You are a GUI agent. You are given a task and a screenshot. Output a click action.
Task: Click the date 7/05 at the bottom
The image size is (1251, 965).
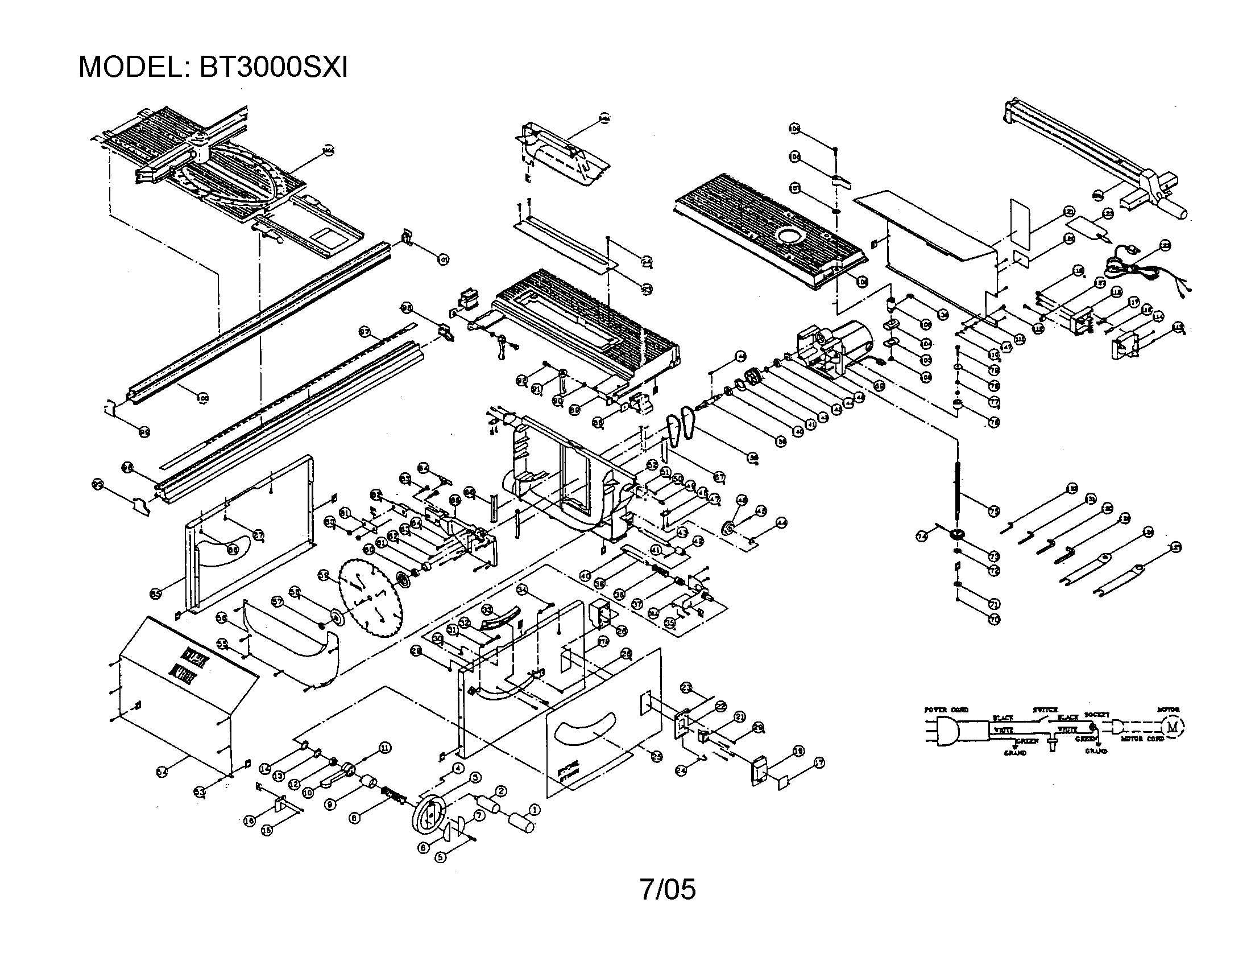click(668, 889)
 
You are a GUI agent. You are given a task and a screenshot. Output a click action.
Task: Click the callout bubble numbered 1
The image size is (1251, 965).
click(533, 810)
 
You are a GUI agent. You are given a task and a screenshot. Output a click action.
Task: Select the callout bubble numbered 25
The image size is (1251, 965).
click(657, 756)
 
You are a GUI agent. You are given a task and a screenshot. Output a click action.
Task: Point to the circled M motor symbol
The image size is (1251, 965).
click(1172, 727)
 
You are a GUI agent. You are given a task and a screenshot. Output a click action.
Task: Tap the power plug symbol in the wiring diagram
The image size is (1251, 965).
click(947, 732)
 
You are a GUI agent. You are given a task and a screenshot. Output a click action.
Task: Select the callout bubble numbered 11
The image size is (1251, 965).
click(385, 747)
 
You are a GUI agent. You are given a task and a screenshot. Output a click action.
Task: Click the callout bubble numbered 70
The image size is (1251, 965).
click(995, 620)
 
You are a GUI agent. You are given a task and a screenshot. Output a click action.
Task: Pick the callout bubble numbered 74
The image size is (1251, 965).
click(921, 537)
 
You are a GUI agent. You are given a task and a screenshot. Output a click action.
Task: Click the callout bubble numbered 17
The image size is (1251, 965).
click(819, 762)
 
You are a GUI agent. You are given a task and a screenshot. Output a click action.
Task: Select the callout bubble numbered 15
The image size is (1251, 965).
click(266, 830)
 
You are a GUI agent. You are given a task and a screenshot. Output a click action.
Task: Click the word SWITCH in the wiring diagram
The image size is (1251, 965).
click(1045, 710)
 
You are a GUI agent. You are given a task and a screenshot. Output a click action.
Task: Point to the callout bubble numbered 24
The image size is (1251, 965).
click(681, 771)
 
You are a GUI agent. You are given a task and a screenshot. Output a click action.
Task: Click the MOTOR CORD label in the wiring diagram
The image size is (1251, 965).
click(1142, 739)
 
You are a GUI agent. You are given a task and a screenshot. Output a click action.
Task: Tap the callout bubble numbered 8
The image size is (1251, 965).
click(355, 818)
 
